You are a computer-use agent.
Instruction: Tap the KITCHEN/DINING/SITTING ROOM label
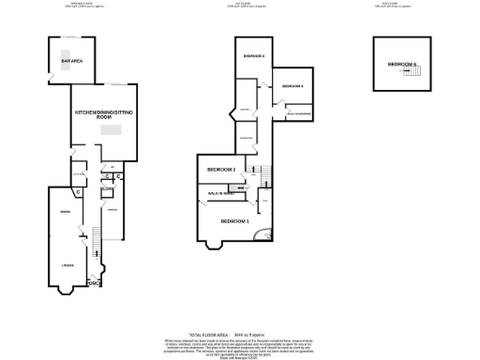[105, 115]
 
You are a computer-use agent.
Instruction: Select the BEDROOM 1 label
[234, 221]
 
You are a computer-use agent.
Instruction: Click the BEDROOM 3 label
[254, 57]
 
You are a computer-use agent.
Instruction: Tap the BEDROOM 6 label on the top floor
[401, 64]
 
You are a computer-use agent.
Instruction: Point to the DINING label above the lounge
[67, 212]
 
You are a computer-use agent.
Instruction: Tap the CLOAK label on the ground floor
[107, 188]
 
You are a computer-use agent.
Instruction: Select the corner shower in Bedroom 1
[268, 235]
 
